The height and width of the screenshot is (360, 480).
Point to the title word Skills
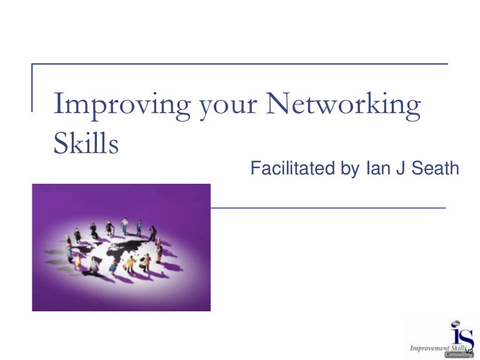click(85, 144)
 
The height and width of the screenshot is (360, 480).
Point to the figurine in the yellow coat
click(130, 262)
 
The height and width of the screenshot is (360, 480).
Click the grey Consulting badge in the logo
click(459, 354)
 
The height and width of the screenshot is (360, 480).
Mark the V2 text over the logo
click(469, 351)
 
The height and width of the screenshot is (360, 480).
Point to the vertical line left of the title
click(32, 87)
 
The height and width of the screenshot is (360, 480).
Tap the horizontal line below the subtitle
click(327, 207)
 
